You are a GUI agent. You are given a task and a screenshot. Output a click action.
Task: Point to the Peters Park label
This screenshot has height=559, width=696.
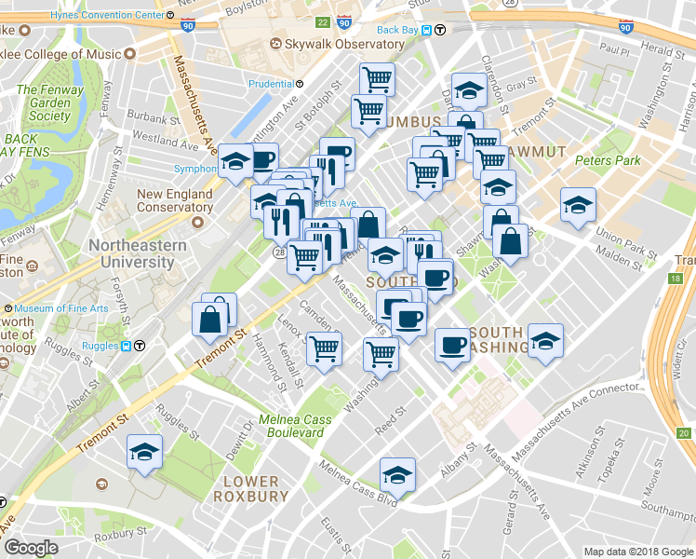[x=608, y=160]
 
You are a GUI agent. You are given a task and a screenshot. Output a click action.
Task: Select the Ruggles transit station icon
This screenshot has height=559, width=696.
[x=139, y=345]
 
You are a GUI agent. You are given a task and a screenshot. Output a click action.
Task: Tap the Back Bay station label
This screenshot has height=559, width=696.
[x=398, y=30]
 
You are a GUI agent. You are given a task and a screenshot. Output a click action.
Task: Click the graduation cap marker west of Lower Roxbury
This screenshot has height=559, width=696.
[x=144, y=452]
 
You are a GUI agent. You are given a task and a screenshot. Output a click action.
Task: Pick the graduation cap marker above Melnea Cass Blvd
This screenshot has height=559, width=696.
[x=397, y=475]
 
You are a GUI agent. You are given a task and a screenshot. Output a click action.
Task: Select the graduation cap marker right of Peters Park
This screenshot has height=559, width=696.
[x=578, y=204]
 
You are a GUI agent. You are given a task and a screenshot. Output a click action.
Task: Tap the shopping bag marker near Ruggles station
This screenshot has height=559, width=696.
[x=211, y=318]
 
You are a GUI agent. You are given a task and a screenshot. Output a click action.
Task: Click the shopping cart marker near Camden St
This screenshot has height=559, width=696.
[x=325, y=349]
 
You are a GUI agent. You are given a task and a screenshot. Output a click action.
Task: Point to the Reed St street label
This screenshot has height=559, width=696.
[x=391, y=411]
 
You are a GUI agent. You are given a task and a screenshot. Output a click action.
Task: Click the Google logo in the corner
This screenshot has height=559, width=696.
[x=31, y=548]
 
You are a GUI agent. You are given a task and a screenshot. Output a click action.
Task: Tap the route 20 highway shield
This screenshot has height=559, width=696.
[x=684, y=433]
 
